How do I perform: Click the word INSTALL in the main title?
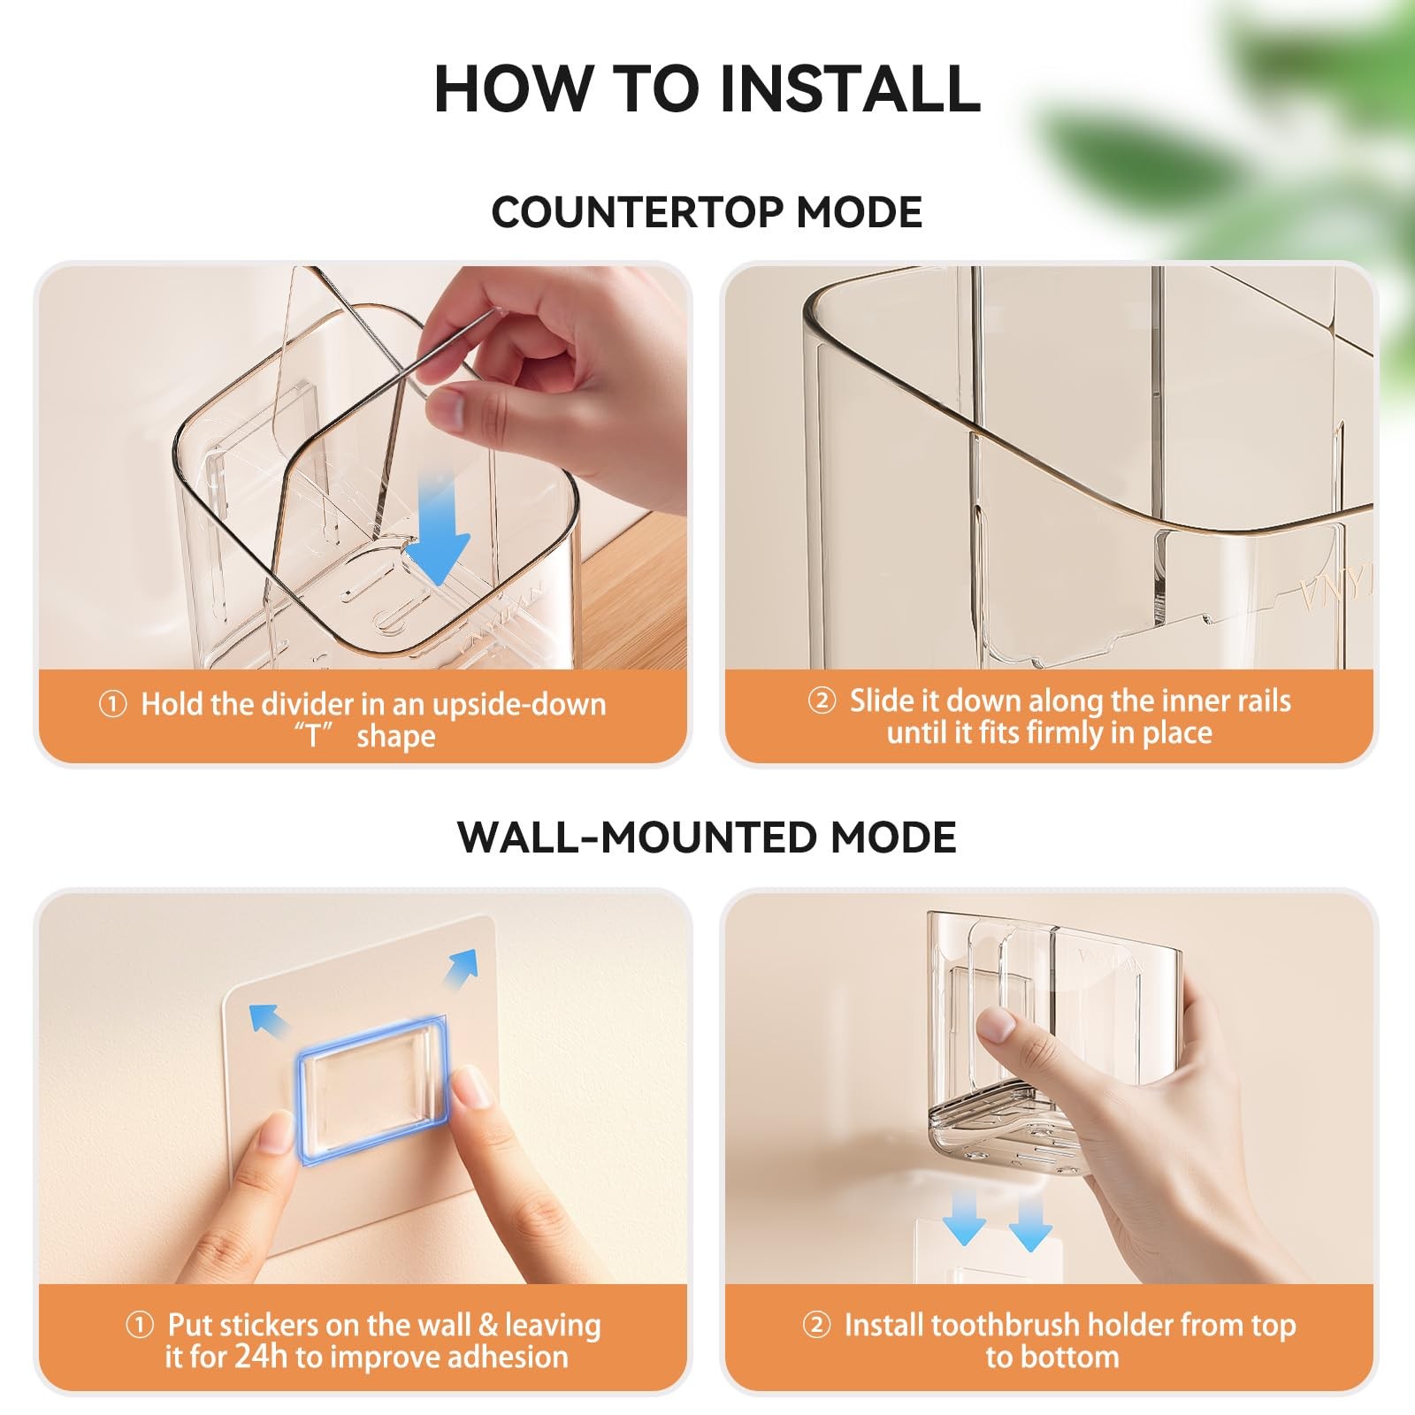click(850, 88)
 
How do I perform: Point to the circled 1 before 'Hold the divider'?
click(112, 705)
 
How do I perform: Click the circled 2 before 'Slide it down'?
click(822, 701)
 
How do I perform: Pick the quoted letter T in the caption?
click(314, 736)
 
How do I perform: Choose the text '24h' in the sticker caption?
click(262, 1357)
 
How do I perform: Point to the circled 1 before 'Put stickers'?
click(140, 1326)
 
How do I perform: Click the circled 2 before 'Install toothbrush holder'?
click(816, 1326)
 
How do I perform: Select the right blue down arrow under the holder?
click(1030, 1221)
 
